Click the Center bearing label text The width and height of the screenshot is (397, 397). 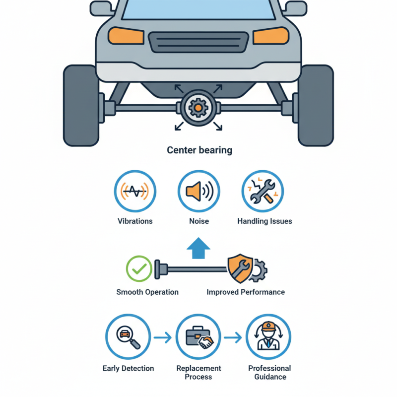coord(199,150)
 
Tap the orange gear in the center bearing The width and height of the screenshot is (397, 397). coord(198,107)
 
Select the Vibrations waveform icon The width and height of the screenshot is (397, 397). coord(135,191)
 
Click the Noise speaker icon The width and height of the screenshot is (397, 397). coord(198,191)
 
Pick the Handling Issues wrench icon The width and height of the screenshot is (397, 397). coord(262,191)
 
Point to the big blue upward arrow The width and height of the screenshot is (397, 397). coord(198,247)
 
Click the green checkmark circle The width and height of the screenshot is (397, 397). coord(139,268)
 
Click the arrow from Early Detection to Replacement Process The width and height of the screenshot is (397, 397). coord(162,338)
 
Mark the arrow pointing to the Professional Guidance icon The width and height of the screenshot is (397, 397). coord(233,338)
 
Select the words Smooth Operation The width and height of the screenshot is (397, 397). coord(147,292)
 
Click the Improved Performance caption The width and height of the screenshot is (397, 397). coord(246,292)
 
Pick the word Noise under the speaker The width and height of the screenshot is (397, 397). coord(198,221)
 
